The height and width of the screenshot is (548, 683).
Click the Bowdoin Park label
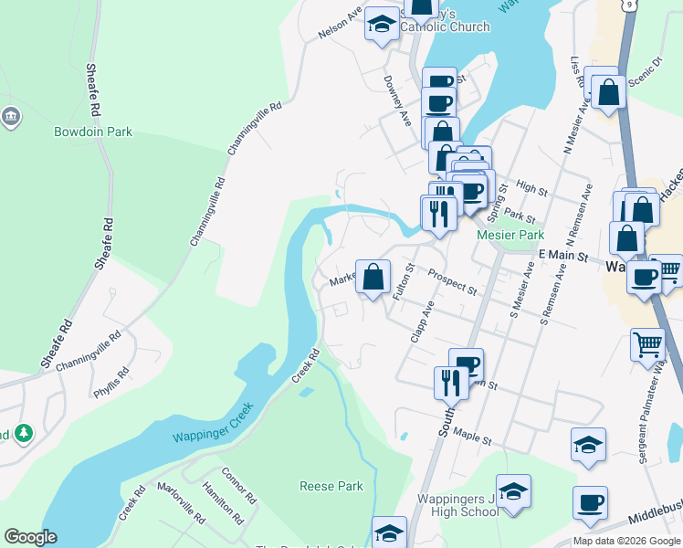[x=92, y=132]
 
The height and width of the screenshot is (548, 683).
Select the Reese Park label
[x=331, y=486]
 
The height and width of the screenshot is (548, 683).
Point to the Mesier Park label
[x=510, y=234]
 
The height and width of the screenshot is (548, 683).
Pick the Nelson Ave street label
[x=340, y=26]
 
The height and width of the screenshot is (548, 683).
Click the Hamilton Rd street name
[x=225, y=503]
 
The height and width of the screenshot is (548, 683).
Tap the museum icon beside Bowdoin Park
[x=11, y=116]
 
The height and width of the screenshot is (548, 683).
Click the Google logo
[x=30, y=537]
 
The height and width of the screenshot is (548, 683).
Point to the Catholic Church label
[x=446, y=26]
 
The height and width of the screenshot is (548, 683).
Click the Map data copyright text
[x=627, y=541]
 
